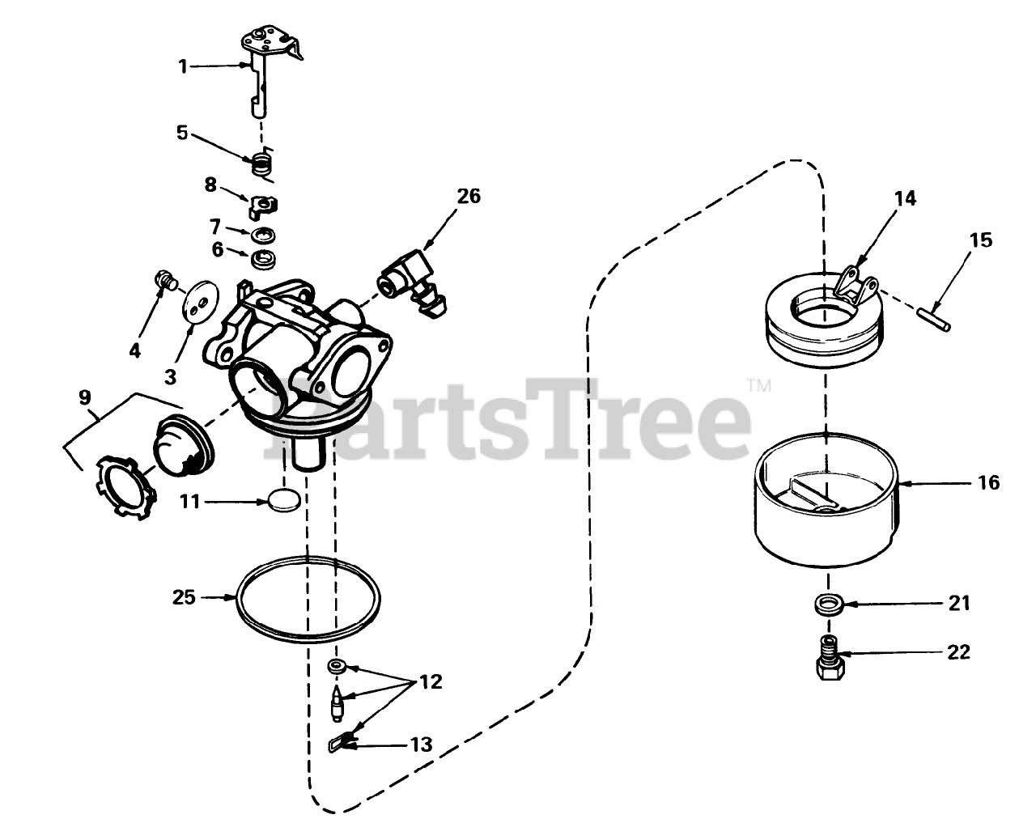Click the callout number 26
click(469, 196)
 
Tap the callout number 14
click(905, 198)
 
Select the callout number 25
click(184, 597)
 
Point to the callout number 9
click(85, 397)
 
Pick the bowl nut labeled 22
click(830, 658)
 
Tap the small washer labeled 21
click(828, 605)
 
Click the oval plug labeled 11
click(285, 501)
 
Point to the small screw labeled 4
click(166, 281)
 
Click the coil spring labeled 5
click(264, 165)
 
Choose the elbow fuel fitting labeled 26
click(411, 283)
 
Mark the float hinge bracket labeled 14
click(855, 287)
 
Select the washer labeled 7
click(263, 235)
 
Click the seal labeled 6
click(264, 258)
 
